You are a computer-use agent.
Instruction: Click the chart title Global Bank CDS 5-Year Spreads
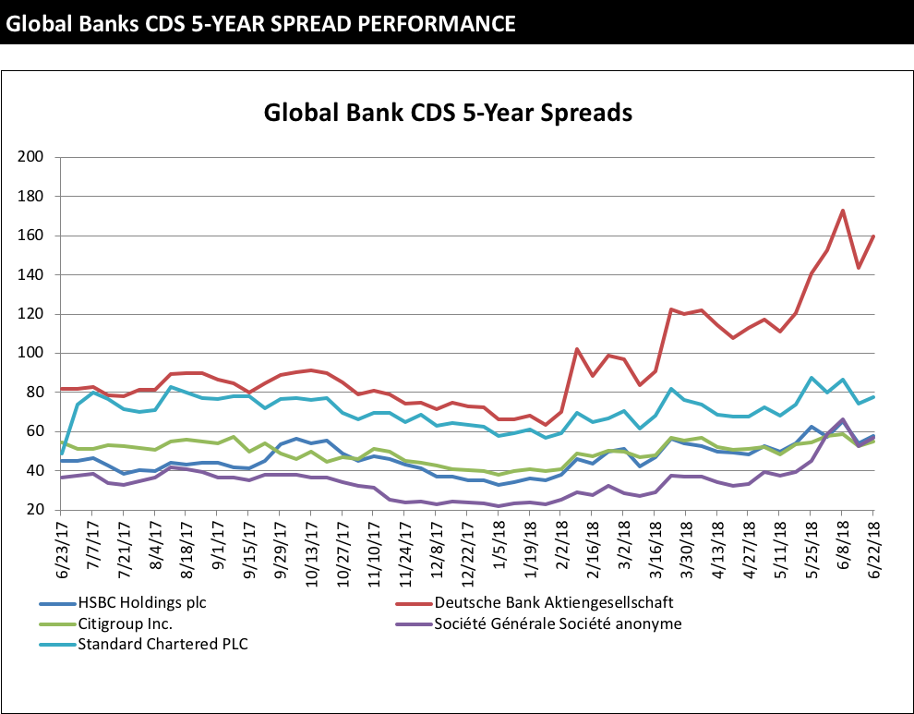click(x=448, y=114)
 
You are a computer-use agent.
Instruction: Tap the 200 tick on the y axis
click(x=31, y=157)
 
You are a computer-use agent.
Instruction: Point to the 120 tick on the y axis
click(x=31, y=314)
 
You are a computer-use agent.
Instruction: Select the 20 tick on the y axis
click(x=35, y=510)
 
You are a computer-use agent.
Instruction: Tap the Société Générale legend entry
click(x=558, y=623)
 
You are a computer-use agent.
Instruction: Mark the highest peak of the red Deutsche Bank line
click(x=842, y=211)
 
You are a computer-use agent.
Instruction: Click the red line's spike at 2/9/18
click(x=577, y=349)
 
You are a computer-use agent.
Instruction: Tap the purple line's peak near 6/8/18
click(x=842, y=419)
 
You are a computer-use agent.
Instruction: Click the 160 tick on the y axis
click(x=31, y=236)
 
